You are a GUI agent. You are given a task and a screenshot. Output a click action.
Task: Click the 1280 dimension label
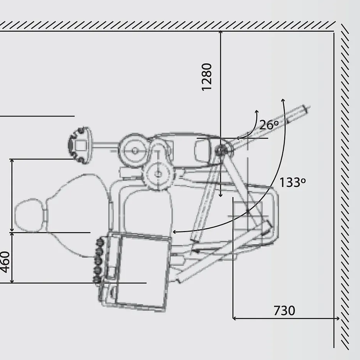click(x=207, y=77)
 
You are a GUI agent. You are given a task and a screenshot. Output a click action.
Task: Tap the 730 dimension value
click(x=284, y=311)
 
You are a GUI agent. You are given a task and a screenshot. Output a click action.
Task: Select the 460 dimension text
click(x=5, y=262)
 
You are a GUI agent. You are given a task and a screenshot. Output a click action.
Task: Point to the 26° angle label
click(x=269, y=125)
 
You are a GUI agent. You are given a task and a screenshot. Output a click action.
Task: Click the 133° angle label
click(x=293, y=182)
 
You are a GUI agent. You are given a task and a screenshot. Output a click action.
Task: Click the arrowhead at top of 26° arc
click(x=257, y=112)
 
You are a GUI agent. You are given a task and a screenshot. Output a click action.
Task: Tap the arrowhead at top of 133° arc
click(x=283, y=100)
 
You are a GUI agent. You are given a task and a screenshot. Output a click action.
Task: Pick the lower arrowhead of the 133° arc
click(x=174, y=232)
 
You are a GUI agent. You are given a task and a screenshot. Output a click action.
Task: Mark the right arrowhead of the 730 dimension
click(x=338, y=318)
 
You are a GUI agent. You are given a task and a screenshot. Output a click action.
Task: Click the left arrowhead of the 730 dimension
click(x=234, y=318)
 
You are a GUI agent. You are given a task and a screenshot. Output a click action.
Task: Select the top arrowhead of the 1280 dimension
click(x=221, y=32)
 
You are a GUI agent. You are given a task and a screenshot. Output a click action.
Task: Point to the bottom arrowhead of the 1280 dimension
click(x=221, y=195)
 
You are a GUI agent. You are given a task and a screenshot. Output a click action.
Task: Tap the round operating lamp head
click(x=80, y=145)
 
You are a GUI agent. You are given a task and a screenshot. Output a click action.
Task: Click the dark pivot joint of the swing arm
click(x=221, y=151)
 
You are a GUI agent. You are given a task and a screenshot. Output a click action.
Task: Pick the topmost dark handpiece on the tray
click(x=100, y=242)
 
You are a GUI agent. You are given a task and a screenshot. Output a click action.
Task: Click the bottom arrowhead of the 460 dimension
click(x=12, y=281)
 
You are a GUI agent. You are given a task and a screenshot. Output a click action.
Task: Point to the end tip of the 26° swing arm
click(x=307, y=108)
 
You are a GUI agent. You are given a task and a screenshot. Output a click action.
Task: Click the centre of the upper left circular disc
click(x=135, y=151)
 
